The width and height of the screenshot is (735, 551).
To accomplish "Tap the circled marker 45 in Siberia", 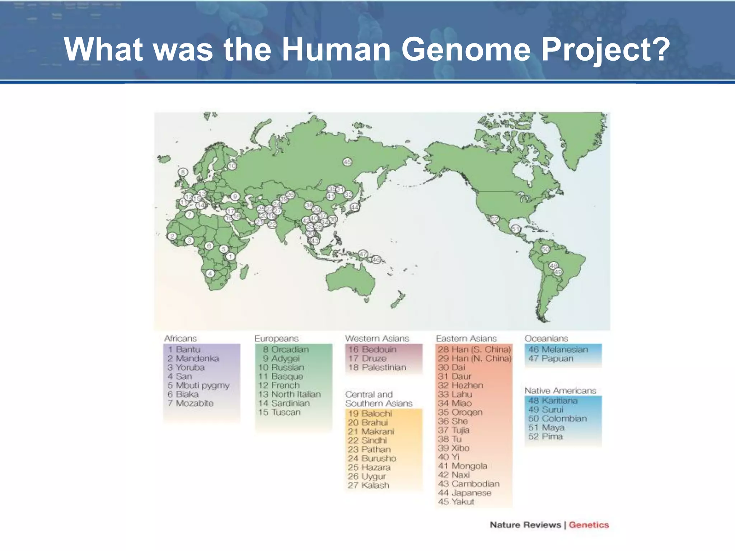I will (x=347, y=162).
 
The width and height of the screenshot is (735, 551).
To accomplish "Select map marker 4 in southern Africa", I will (x=210, y=274).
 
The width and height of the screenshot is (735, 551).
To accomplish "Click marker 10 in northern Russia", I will (x=232, y=166).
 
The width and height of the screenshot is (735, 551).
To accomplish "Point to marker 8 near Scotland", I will (x=183, y=172).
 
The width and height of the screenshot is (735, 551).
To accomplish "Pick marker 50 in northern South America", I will (x=545, y=249).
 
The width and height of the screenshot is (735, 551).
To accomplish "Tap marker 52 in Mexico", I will (x=495, y=219).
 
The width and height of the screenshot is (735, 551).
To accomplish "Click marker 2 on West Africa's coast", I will (x=172, y=236).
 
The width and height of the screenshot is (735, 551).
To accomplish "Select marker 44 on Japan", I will (x=355, y=207).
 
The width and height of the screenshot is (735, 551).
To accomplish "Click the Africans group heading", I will (x=181, y=338).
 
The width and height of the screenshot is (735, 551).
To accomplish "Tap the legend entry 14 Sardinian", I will (x=284, y=403).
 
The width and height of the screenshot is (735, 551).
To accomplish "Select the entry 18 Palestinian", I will (x=377, y=367).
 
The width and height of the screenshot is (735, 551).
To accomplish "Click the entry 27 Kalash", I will (x=368, y=485).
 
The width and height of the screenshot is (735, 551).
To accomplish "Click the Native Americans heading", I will (x=560, y=390).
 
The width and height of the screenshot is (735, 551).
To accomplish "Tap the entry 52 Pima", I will (x=545, y=437).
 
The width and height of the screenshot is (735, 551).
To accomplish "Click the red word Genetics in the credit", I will (x=589, y=525).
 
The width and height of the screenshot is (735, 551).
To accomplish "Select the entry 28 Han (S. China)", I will (x=474, y=349).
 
